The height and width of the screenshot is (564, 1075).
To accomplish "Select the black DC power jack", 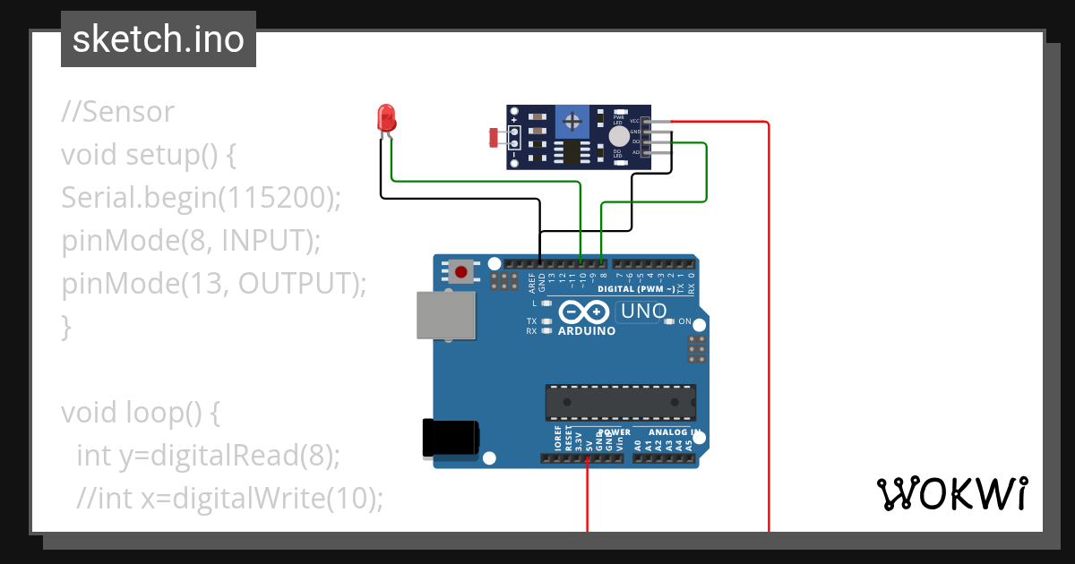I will pyautogui.click(x=450, y=438).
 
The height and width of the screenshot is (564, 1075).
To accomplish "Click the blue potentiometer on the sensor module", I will pyautogui.click(x=572, y=119).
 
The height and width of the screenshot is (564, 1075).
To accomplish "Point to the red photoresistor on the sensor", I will pyautogui.click(x=494, y=137).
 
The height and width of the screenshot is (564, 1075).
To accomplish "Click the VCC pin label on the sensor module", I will pyautogui.click(x=634, y=121).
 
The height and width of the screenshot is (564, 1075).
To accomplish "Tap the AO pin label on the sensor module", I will pyautogui.click(x=636, y=152).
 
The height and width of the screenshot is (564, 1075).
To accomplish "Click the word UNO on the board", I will pyautogui.click(x=644, y=312).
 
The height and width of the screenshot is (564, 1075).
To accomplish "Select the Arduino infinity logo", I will pyautogui.click(x=586, y=312).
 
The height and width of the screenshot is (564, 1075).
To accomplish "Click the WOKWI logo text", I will pyautogui.click(x=951, y=493).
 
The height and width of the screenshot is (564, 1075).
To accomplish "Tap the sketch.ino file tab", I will pyautogui.click(x=159, y=39).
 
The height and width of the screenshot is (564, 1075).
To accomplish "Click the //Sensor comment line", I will pyautogui.click(x=117, y=112).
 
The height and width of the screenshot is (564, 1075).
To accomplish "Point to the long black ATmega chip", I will pyautogui.click(x=621, y=402).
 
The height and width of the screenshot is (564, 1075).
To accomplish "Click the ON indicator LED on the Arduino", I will pyautogui.click(x=671, y=321).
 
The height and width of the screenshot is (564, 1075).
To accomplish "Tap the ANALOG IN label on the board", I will pyautogui.click(x=674, y=432).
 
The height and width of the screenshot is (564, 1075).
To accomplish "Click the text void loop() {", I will pyautogui.click(x=140, y=413).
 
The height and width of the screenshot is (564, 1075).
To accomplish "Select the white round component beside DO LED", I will pyautogui.click(x=619, y=136).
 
